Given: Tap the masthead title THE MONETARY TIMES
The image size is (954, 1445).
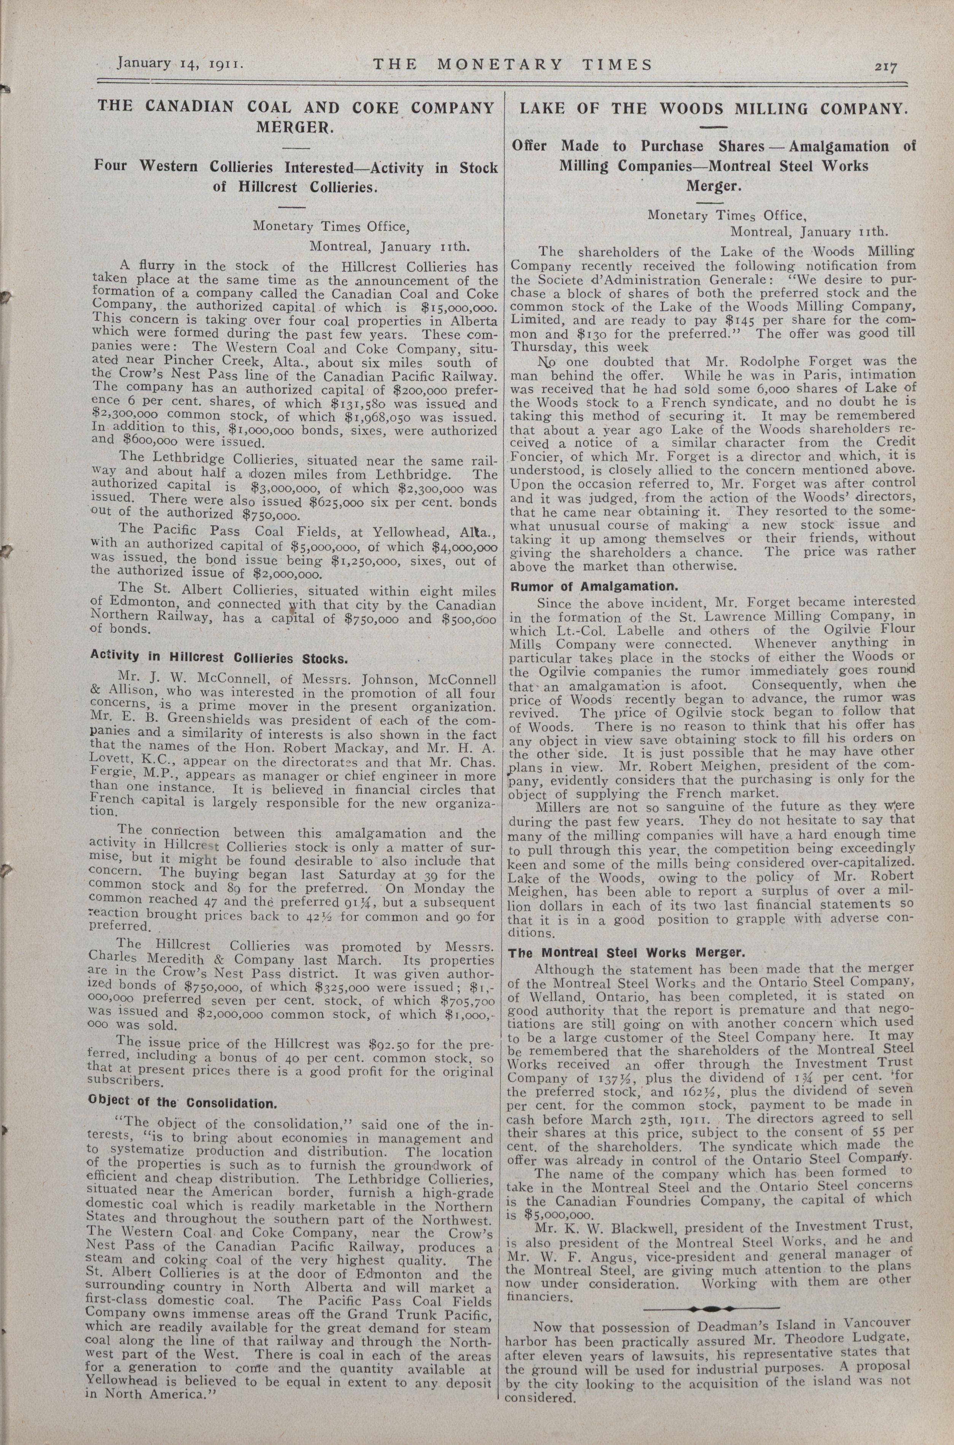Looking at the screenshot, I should (512, 64).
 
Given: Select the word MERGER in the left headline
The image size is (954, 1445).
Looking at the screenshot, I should (295, 128).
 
